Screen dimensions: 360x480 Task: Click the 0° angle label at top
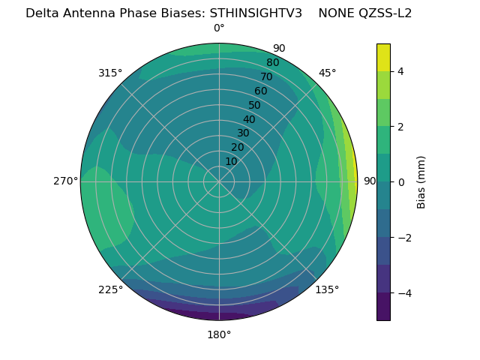click(x=219, y=28)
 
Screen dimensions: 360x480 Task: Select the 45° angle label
click(x=327, y=73)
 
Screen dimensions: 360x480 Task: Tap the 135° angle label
click(x=327, y=289)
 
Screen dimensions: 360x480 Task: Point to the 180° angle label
click(x=219, y=334)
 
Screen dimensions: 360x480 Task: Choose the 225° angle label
click(x=110, y=289)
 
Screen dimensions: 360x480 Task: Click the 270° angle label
click(x=65, y=181)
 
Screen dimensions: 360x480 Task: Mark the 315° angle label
click(x=110, y=73)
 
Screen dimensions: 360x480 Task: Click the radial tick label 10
click(x=231, y=161)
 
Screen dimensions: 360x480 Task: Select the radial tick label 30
click(x=243, y=133)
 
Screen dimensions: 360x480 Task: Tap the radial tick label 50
click(x=255, y=106)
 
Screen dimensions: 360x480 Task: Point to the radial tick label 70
click(x=266, y=76)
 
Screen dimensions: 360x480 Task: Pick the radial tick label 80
click(x=272, y=63)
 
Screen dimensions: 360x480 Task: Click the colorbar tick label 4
click(x=400, y=72)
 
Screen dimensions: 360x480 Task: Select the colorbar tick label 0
click(x=400, y=182)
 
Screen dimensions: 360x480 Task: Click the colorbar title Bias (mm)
click(x=421, y=182)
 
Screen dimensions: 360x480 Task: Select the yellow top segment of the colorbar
click(x=383, y=58)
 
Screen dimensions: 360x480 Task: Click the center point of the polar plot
click(x=219, y=181)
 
